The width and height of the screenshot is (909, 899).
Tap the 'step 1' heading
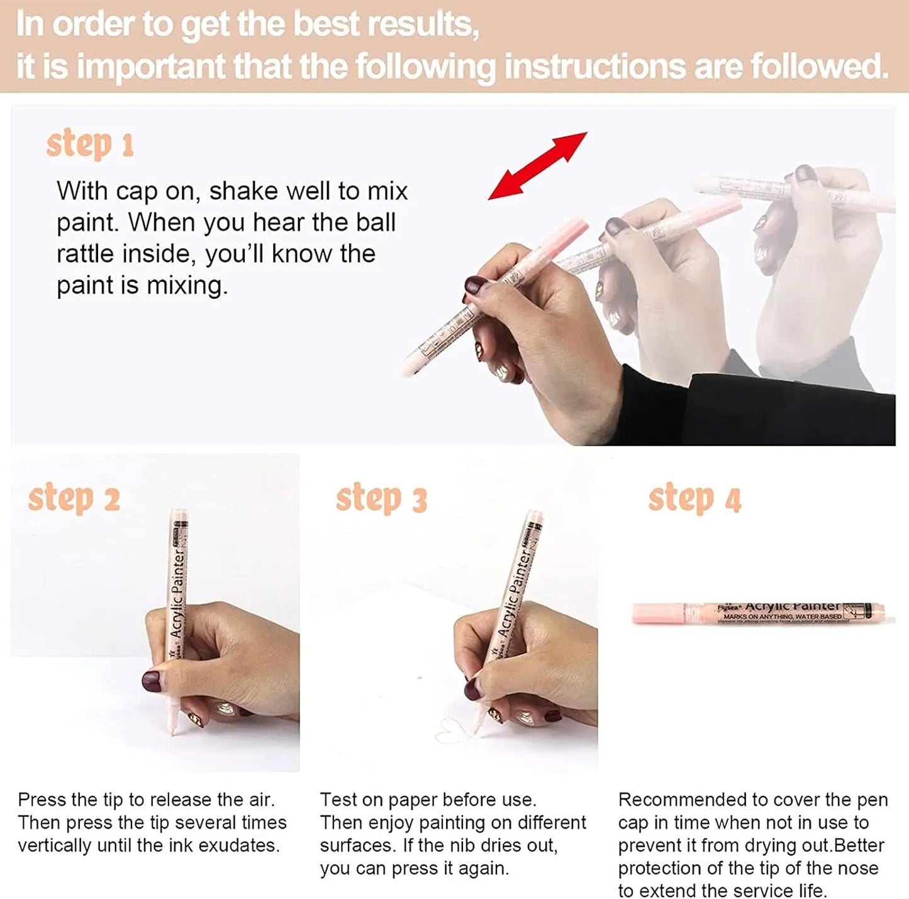[x=90, y=145]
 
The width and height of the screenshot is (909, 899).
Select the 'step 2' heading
[x=74, y=499]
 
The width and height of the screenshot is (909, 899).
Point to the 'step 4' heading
[x=694, y=499]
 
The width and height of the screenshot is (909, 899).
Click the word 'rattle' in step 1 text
[x=86, y=254]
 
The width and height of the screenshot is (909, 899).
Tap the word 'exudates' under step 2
[x=238, y=846]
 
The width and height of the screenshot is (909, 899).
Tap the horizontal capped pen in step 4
[x=758, y=613]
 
